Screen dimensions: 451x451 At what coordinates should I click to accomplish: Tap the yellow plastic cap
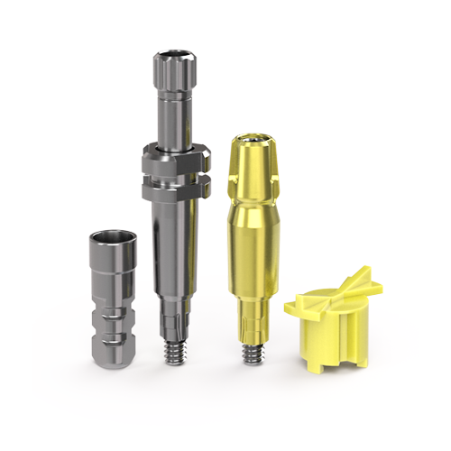pos(330,316)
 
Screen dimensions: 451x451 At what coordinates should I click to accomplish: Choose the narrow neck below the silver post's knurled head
pos(173,117)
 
